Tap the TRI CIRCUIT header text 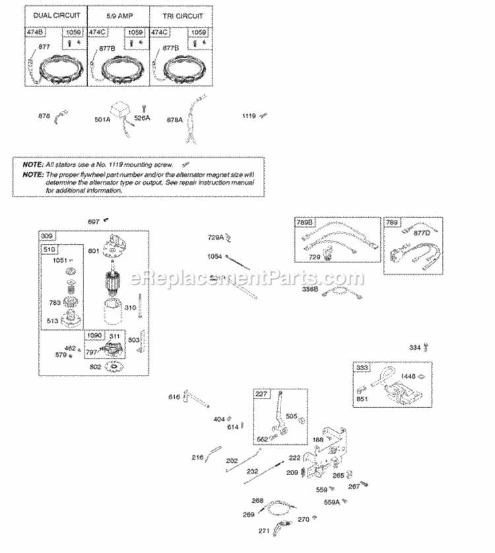point(176,15)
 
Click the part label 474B point(35,32)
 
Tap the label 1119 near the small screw point(248,115)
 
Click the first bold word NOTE point(30,164)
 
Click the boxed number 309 point(48,236)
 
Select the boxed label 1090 point(95,336)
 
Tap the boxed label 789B point(305,222)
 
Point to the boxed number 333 point(362,368)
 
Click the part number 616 point(174,397)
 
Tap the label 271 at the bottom point(263,531)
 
